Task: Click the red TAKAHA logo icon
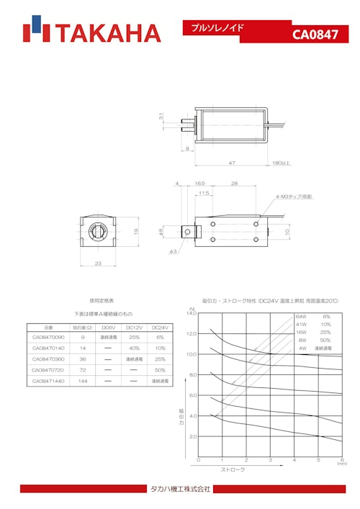click(35, 32)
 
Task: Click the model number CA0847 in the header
click(315, 35)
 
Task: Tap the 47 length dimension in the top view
click(232, 163)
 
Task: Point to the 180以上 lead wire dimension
click(281, 163)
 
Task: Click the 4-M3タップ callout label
click(294, 196)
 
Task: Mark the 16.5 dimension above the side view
click(201, 184)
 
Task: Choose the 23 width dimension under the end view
click(99, 263)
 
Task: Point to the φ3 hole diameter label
click(173, 251)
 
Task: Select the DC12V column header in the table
click(134, 326)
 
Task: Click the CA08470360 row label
click(48, 359)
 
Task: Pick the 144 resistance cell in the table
click(83, 381)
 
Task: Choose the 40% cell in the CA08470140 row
click(134, 348)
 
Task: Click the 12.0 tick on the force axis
click(192, 333)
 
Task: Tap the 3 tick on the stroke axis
click(270, 460)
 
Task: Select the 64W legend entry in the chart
click(301, 317)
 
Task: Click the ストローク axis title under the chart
click(232, 469)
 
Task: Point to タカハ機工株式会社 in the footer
click(180, 489)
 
